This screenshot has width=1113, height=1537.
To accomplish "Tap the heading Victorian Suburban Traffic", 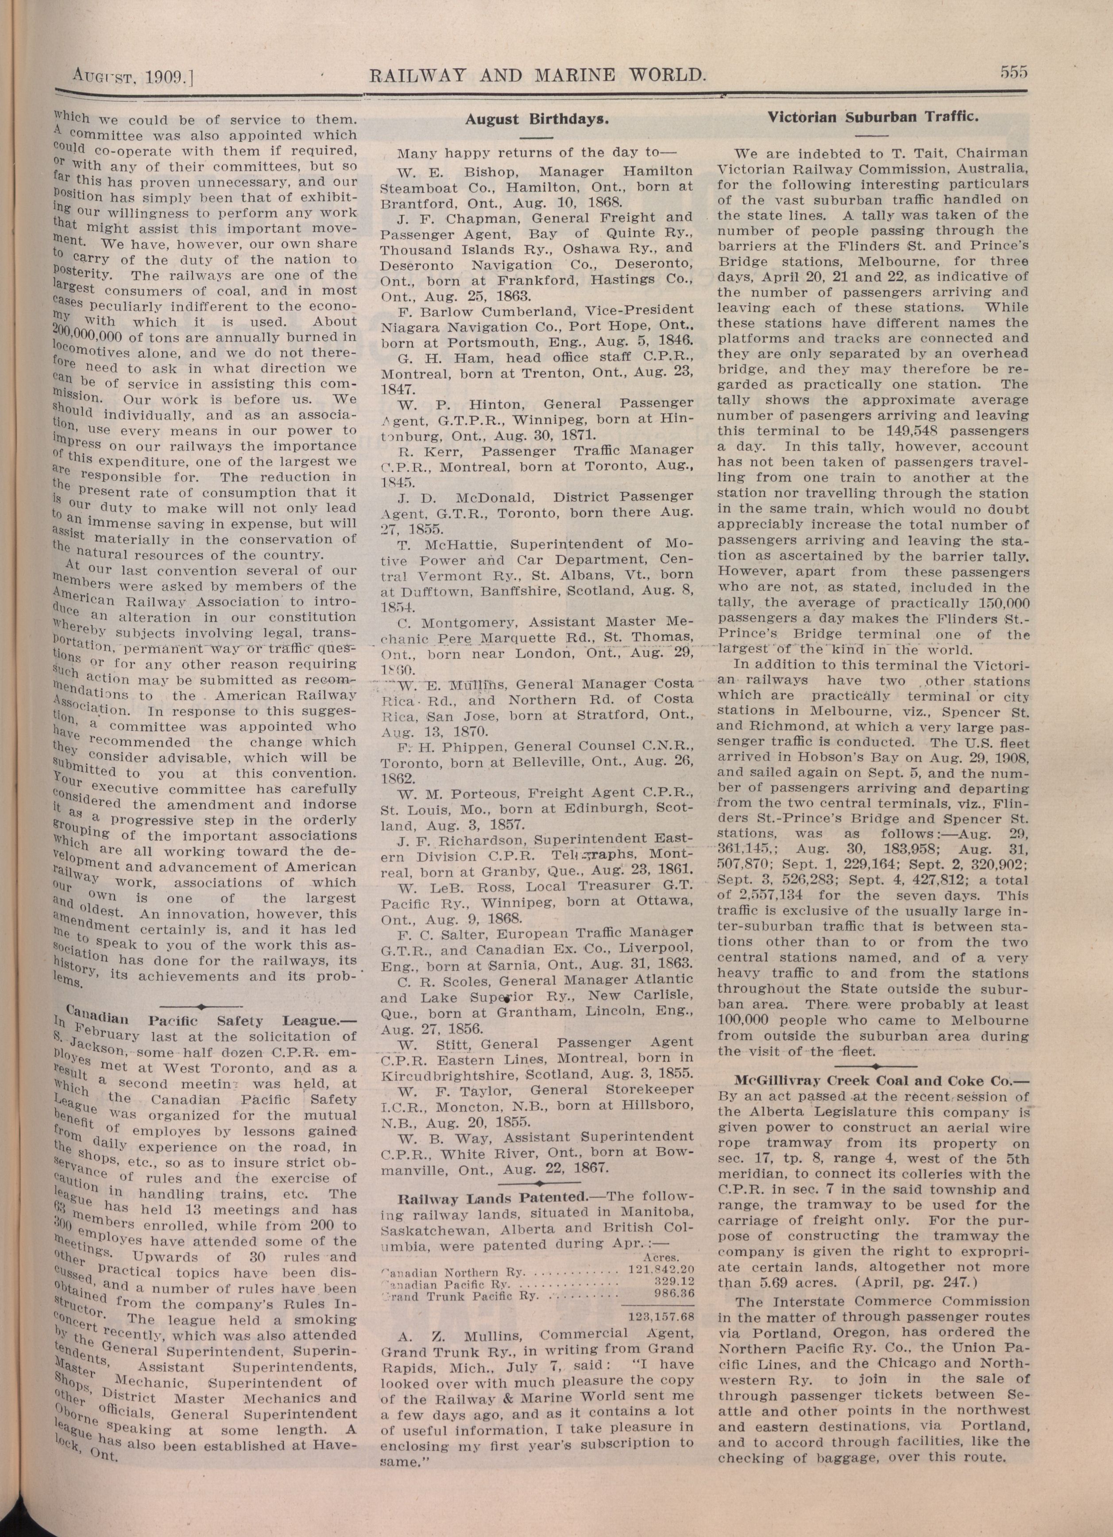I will [873, 116].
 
